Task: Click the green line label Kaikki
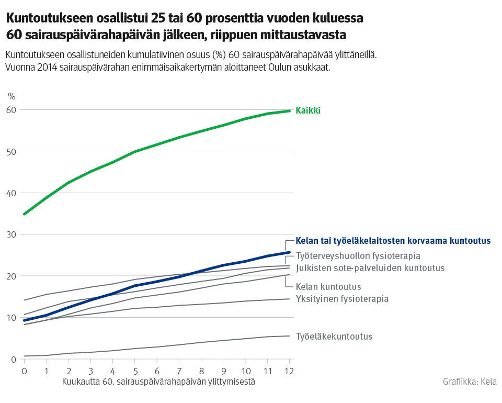[x=308, y=110]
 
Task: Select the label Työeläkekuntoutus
[x=334, y=337]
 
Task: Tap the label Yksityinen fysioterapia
[x=342, y=299]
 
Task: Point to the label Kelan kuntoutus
[x=328, y=287]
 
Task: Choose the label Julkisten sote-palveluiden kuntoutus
[x=370, y=268]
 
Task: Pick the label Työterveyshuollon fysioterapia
[x=358, y=256]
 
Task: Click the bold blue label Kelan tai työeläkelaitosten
[x=393, y=241]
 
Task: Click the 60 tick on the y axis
[x=12, y=110]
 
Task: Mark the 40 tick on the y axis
[x=12, y=193]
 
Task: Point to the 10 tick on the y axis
[x=12, y=318]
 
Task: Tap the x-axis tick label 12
[x=289, y=371]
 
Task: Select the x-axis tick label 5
[x=135, y=371]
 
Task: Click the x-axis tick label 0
[x=24, y=371]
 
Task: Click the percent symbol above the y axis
[x=12, y=96]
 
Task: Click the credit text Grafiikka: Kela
[x=470, y=382]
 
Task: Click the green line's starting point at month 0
[x=24, y=214]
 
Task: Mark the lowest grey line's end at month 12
[x=289, y=336]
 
